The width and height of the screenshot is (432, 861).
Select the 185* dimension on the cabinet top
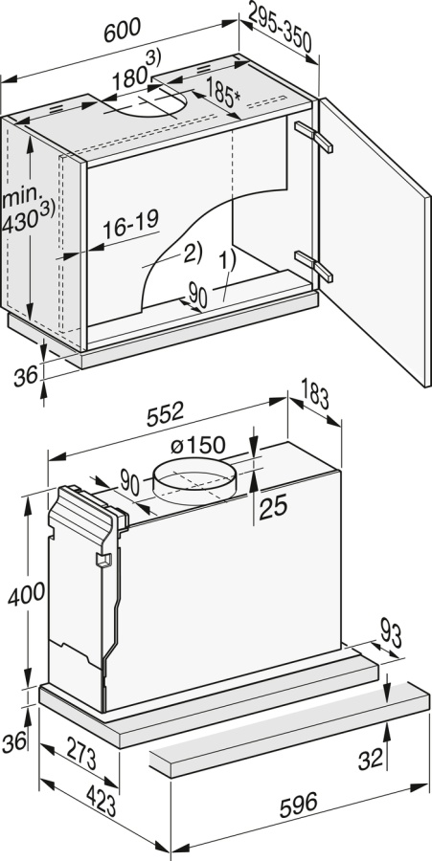coord(223,92)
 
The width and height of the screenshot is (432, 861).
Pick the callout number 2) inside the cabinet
coord(193,252)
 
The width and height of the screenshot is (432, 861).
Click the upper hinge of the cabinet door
coord(314,137)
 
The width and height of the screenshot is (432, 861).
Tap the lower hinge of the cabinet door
coord(314,266)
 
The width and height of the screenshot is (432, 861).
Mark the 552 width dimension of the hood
coord(165,413)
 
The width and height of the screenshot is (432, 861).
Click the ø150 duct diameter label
coord(198,445)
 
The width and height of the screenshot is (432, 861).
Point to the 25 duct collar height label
coord(273,509)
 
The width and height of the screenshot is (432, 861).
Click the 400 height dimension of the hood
coord(26,593)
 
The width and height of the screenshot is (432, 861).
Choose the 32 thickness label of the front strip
coord(371,759)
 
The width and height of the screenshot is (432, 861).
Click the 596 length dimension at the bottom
coord(299,805)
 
